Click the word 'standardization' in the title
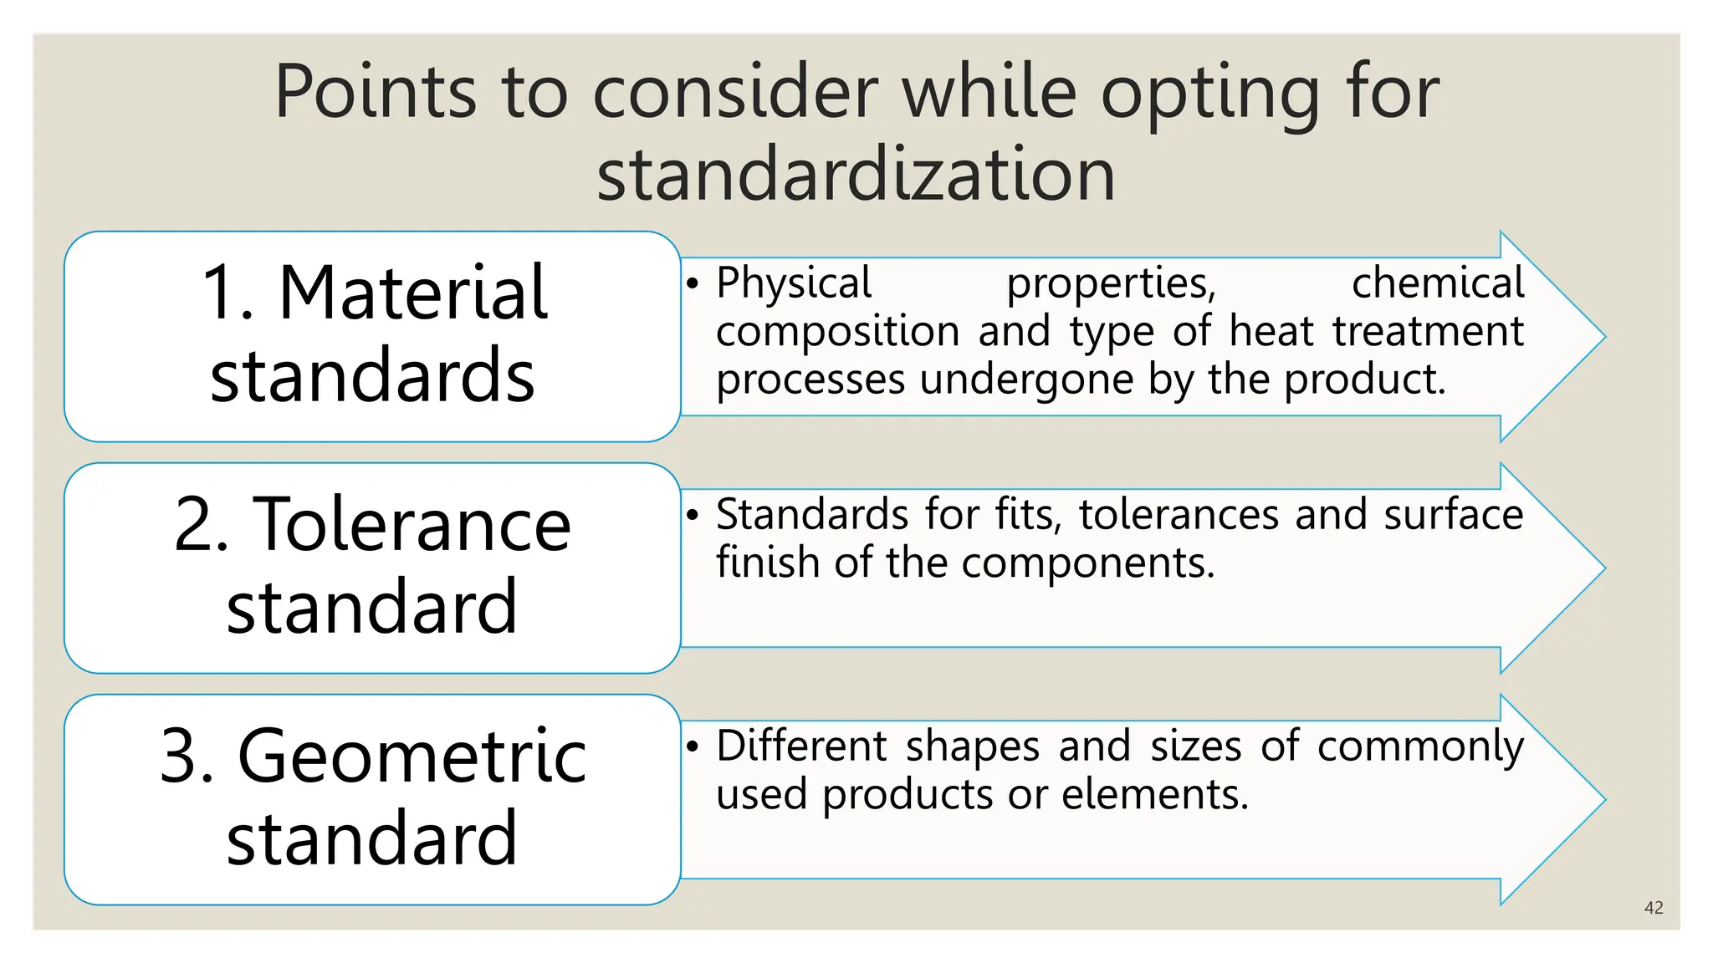pyautogui.click(x=856, y=174)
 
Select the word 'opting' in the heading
pyautogui.click(x=1210, y=92)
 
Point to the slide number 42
pyautogui.click(x=1653, y=908)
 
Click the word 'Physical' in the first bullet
pyautogui.click(x=794, y=283)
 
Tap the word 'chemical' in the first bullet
pyautogui.click(x=1438, y=283)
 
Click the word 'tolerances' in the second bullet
pyautogui.click(x=1178, y=514)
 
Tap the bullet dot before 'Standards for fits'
pyautogui.click(x=692, y=515)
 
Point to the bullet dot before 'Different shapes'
pyautogui.click(x=692, y=746)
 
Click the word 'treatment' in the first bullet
pyautogui.click(x=1428, y=331)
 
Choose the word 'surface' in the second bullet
pyautogui.click(x=1453, y=514)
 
